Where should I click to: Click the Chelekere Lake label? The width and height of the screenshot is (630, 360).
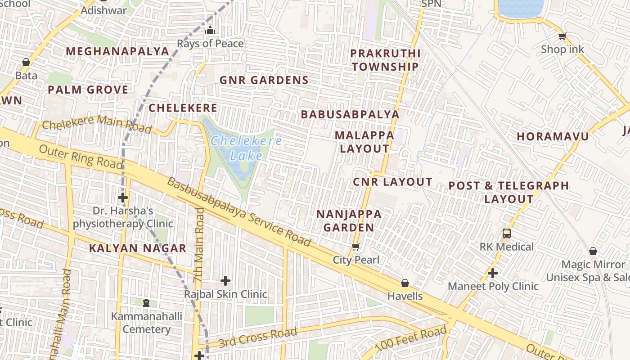pyautogui.click(x=247, y=148)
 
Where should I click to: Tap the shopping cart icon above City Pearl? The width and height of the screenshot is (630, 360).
pyautogui.click(x=356, y=247)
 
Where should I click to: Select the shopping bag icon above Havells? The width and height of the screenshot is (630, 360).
pyautogui.click(x=405, y=283)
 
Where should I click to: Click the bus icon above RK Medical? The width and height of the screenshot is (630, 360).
pyautogui.click(x=507, y=234)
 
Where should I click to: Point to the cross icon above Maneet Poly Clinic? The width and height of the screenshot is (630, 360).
pyautogui.click(x=493, y=273)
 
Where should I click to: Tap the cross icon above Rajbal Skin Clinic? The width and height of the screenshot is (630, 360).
pyautogui.click(x=225, y=281)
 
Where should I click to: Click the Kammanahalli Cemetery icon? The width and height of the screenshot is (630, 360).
pyautogui.click(x=146, y=303)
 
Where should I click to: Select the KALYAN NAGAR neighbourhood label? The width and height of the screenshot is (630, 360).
pyautogui.click(x=138, y=248)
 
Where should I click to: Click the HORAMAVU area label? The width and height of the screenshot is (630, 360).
pyautogui.click(x=553, y=136)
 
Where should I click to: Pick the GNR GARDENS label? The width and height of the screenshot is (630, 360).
pyautogui.click(x=264, y=81)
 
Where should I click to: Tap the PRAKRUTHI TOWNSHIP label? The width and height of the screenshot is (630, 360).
pyautogui.click(x=385, y=60)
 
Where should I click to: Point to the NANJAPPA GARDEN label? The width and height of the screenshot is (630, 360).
pyautogui.click(x=349, y=220)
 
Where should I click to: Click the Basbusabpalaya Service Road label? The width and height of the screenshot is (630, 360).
pyautogui.click(x=239, y=212)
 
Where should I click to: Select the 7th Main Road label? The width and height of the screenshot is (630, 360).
pyautogui.click(x=199, y=245)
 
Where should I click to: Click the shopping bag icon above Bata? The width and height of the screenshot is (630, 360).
pyautogui.click(x=26, y=62)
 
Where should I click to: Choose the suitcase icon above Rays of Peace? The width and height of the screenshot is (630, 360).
pyautogui.click(x=210, y=31)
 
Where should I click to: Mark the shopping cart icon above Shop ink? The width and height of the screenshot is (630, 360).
pyautogui.click(x=562, y=36)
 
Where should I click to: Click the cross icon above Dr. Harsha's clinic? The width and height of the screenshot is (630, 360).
pyautogui.click(x=123, y=198)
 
